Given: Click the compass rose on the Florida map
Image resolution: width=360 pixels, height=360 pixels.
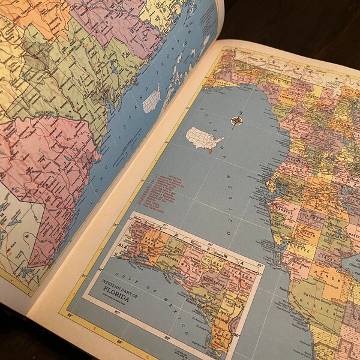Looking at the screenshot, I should pos(236,121).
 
